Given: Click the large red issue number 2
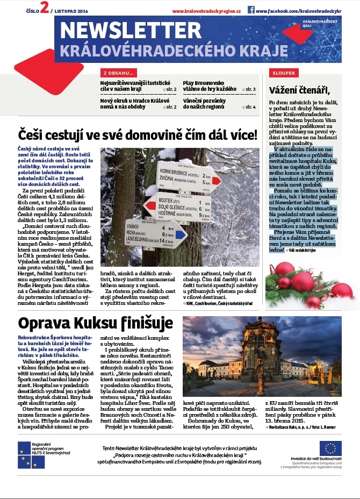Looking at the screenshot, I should (x=44, y=9).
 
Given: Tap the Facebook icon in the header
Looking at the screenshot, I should (x=251, y=10).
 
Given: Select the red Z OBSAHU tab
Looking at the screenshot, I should (x=118, y=73).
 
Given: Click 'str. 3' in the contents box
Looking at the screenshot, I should (x=250, y=89).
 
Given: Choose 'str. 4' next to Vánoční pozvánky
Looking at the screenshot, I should (x=250, y=107).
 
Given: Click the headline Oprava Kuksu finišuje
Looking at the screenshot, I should (x=96, y=324).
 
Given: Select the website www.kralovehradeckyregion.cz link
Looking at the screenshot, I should (x=207, y=11).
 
